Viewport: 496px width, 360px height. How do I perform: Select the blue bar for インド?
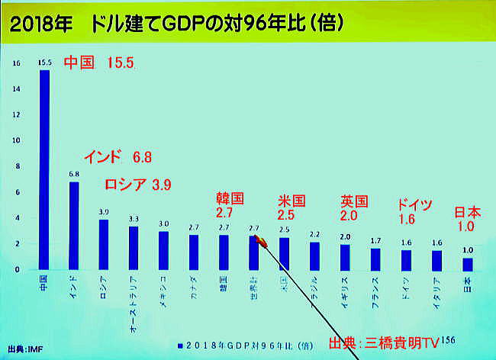coord(74,225)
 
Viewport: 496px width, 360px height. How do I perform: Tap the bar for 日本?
coord(467,264)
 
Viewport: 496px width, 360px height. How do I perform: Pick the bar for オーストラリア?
coord(134,248)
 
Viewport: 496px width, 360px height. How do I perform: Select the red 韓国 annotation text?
coord(230,199)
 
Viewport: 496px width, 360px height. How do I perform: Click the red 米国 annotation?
coord(291,201)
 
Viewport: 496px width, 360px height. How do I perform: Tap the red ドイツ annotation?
coord(414,204)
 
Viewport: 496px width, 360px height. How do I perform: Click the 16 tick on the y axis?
coord(18,63)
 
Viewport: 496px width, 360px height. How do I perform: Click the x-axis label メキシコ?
coord(163,289)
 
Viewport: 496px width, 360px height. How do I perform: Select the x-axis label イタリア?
coord(436,289)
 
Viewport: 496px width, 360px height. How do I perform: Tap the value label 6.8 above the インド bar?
coord(75,174)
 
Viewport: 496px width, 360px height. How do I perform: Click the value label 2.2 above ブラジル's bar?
coord(314,235)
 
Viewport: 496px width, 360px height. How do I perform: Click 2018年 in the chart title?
coord(37,24)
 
